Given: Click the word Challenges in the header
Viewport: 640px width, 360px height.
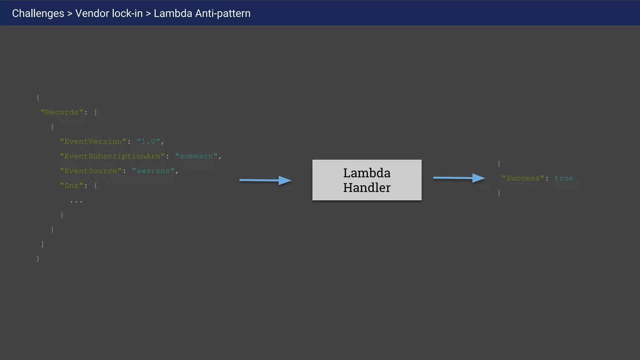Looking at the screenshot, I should (38, 13).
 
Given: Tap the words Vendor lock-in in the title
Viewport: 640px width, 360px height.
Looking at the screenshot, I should (109, 13).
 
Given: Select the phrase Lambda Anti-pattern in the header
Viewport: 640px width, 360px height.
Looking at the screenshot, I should (202, 13).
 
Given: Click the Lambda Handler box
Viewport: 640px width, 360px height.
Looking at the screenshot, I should (367, 180).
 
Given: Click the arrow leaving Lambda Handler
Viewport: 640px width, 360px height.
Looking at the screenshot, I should (459, 178).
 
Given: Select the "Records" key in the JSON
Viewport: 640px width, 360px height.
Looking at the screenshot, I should (62, 112).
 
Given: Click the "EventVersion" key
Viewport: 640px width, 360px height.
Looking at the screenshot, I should (93, 142).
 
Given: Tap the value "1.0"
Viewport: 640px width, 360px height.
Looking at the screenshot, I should (148, 142).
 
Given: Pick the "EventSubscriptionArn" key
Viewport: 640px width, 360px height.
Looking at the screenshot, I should (112, 156).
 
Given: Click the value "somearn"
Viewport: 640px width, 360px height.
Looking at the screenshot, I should (196, 156).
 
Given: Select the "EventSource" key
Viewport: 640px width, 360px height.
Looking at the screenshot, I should (91, 171).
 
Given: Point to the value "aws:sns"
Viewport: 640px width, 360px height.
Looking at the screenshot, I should (153, 171).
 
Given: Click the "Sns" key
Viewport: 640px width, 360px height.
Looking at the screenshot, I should (72, 186).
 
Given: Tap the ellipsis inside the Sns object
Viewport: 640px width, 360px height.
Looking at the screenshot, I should (76, 202).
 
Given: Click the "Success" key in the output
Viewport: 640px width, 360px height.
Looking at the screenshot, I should (523, 178).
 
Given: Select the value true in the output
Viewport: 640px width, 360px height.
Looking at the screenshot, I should (563, 178).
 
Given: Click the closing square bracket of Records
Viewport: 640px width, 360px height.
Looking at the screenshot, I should (42, 244).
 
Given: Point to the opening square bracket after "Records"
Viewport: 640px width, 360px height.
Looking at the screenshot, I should (96, 112).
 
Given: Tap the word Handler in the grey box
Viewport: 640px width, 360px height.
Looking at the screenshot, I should (367, 188).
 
